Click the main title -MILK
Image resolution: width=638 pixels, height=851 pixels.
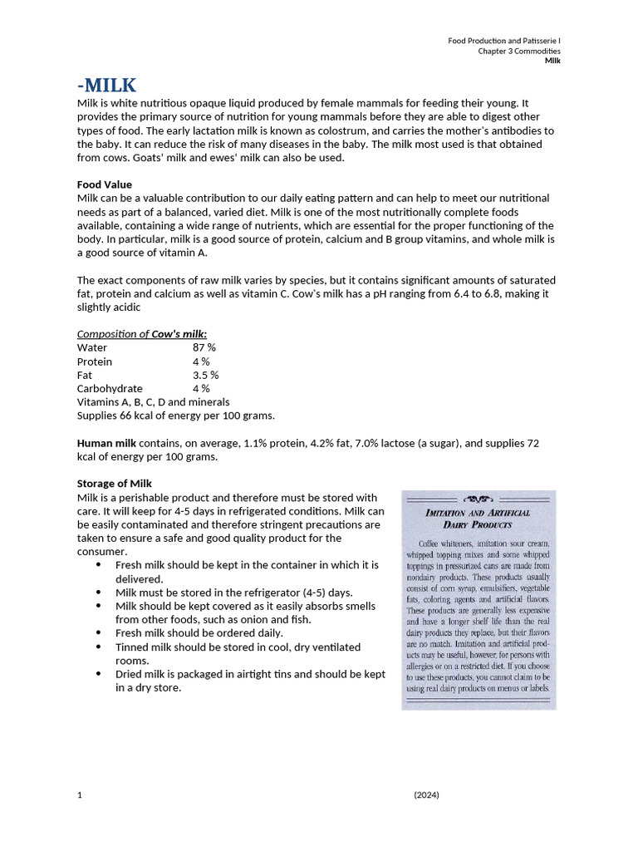click(107, 86)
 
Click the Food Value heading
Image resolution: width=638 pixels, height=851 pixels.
click(104, 184)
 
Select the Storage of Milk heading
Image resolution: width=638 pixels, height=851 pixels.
click(115, 484)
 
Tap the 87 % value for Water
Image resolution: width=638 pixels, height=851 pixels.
click(204, 347)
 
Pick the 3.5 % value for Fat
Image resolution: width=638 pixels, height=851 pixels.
click(206, 375)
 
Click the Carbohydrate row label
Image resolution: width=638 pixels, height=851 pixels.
click(110, 388)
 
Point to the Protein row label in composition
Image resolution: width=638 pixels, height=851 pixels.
click(95, 362)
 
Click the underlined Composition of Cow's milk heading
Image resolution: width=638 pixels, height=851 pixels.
click(142, 334)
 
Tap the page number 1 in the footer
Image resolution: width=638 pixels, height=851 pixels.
click(80, 795)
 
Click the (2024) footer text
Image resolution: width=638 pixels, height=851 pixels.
click(426, 795)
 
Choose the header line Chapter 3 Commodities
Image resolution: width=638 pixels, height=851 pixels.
click(518, 51)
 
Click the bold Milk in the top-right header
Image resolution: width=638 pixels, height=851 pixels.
click(552, 61)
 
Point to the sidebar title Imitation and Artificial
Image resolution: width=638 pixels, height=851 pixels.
click(478, 513)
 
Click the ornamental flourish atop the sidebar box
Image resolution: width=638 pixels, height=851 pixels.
click(478, 500)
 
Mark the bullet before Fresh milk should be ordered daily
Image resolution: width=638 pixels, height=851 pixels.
click(99, 633)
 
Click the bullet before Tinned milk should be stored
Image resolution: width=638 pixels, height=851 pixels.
click(99, 647)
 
